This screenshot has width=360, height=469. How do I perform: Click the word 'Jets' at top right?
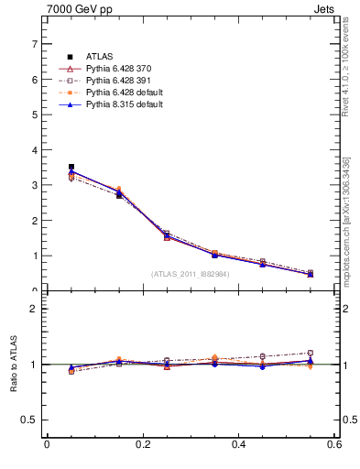[x=324, y=10]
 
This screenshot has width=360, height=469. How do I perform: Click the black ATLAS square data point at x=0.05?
[x=71, y=167]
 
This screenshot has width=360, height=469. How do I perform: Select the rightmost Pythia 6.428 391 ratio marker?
[x=311, y=353]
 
